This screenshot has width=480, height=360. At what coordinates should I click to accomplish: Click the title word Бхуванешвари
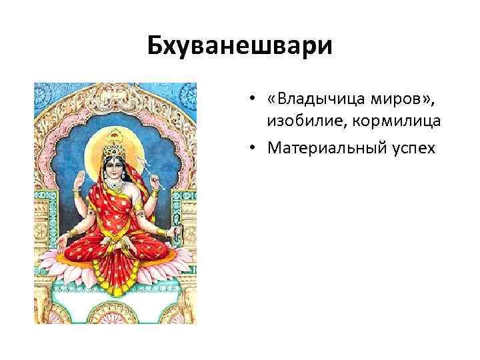239,47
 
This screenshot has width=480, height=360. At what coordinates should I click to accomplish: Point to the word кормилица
388,121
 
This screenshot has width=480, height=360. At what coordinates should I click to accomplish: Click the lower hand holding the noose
175,231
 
